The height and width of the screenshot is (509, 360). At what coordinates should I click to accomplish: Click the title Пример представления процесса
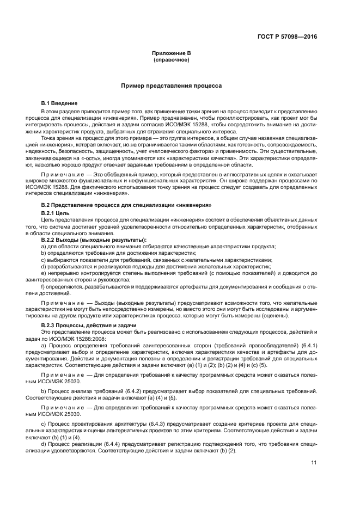click(170, 86)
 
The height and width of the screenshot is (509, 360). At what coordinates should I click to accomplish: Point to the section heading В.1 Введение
click(59, 103)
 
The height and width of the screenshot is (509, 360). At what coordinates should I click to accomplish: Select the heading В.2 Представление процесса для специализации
click(126, 204)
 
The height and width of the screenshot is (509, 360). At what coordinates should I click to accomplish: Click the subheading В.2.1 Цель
click(55, 212)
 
